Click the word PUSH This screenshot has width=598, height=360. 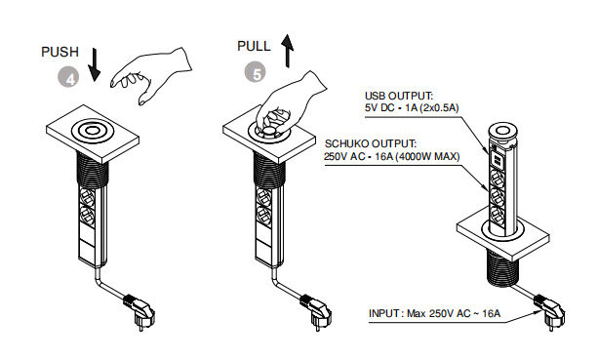coord(60,52)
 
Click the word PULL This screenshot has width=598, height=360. coord(254,46)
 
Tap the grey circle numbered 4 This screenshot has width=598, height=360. coord(68,78)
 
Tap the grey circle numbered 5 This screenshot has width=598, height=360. coord(256,73)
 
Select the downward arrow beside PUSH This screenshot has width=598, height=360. coord(94,64)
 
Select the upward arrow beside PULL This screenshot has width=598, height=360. coord(288,51)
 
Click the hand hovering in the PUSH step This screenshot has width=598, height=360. coord(151,75)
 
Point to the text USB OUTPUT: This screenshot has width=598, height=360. coord(399,96)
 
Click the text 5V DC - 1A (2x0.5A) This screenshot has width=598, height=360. coord(412,108)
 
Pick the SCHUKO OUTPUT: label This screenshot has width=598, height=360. coord(371,143)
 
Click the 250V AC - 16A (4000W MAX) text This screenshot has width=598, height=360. coord(392,156)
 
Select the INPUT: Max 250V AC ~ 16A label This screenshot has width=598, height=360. coord(434,313)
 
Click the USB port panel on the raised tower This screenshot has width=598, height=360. coord(498,159)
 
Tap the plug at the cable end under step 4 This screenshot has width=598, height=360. coord(140,311)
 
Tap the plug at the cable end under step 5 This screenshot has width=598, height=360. coord(316,311)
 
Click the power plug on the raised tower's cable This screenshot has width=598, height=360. coord(549,311)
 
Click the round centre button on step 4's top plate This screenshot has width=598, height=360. coord(92,131)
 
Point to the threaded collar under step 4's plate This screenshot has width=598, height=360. coord(93,171)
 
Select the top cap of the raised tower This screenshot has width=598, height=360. coord(503,131)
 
